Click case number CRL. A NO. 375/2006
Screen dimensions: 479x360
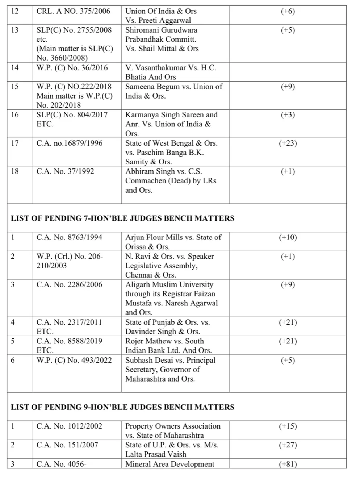pos(73,11)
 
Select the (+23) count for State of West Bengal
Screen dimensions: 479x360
pos(288,143)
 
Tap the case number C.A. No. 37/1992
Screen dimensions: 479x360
pos(65,171)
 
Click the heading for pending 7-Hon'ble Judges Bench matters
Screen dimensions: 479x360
pos(122,218)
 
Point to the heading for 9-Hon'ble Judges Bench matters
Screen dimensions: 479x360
pos(122,407)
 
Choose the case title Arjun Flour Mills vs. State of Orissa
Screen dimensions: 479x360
pos(173,242)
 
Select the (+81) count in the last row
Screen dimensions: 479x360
pos(288,464)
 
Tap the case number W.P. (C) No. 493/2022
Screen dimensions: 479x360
pos(74,360)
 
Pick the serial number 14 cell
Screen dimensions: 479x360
pos(15,68)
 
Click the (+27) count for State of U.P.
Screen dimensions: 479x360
pos(288,445)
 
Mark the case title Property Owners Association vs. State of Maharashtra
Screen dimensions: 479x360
pos(173,431)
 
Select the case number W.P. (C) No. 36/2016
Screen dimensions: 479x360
pos(72,68)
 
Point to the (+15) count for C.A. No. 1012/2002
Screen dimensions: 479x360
pos(288,426)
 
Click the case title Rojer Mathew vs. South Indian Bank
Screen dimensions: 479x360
pos(168,346)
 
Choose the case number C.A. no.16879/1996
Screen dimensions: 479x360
pos(70,143)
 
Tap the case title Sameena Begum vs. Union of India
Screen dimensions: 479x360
pos(174,91)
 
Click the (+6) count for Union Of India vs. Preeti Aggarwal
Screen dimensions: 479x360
pos(288,11)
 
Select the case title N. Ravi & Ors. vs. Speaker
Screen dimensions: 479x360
pos(169,266)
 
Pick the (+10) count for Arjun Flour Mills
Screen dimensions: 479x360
pos(288,237)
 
